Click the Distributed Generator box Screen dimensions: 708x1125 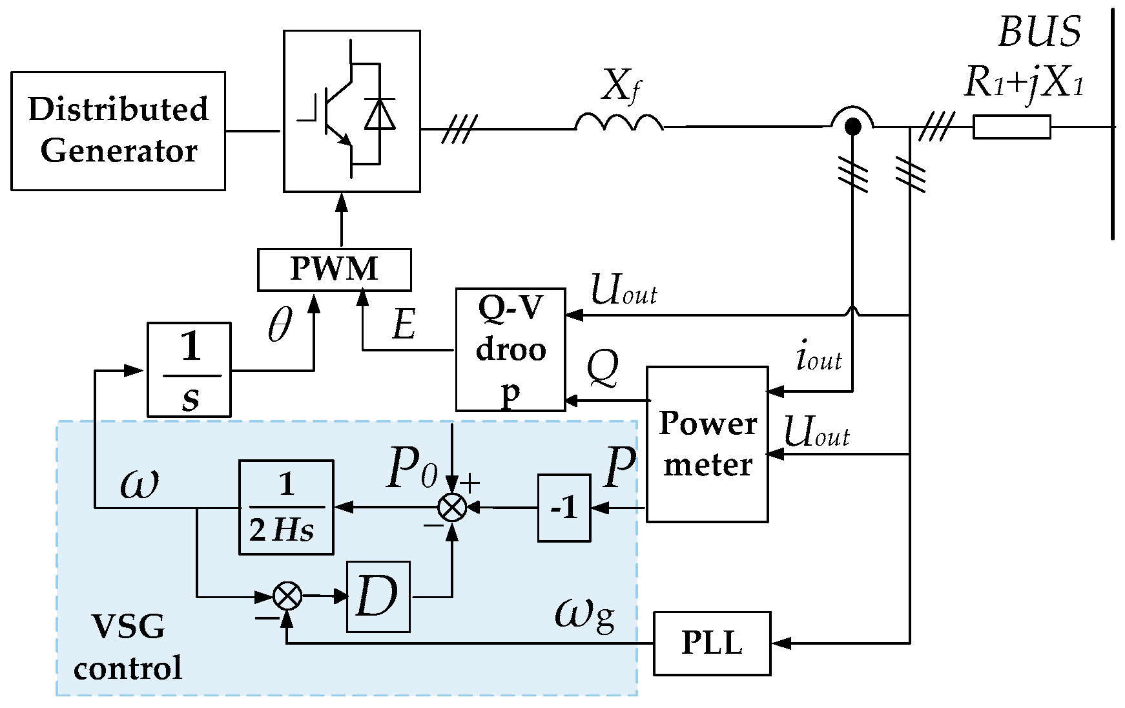click(x=118, y=130)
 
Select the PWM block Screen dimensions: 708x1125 click(x=334, y=269)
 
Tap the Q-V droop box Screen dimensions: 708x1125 click(x=510, y=349)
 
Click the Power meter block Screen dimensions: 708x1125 click(x=707, y=444)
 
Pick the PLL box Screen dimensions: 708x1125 click(x=712, y=643)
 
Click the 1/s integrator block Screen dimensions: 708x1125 click(x=189, y=370)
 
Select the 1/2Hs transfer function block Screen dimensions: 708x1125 click(x=286, y=507)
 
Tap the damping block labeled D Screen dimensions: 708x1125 click(x=378, y=596)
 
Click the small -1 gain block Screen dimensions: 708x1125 click(x=564, y=508)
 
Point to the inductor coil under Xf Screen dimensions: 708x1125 click(x=619, y=123)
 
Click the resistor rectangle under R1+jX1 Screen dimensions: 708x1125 click(x=1011, y=127)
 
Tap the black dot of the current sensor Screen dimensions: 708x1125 click(x=852, y=127)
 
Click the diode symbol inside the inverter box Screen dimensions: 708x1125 click(x=379, y=115)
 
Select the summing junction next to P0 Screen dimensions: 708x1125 click(x=452, y=508)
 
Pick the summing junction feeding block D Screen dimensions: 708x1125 click(x=287, y=596)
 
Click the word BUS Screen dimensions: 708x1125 click(x=1039, y=32)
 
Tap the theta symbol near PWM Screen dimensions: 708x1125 click(x=280, y=324)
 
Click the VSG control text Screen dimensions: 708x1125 click(x=128, y=647)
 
